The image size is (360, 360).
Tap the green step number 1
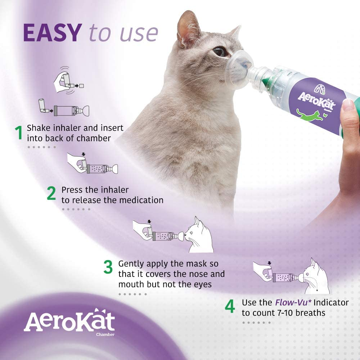19,133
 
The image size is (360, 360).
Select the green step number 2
51,194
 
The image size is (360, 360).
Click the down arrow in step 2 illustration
84,154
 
